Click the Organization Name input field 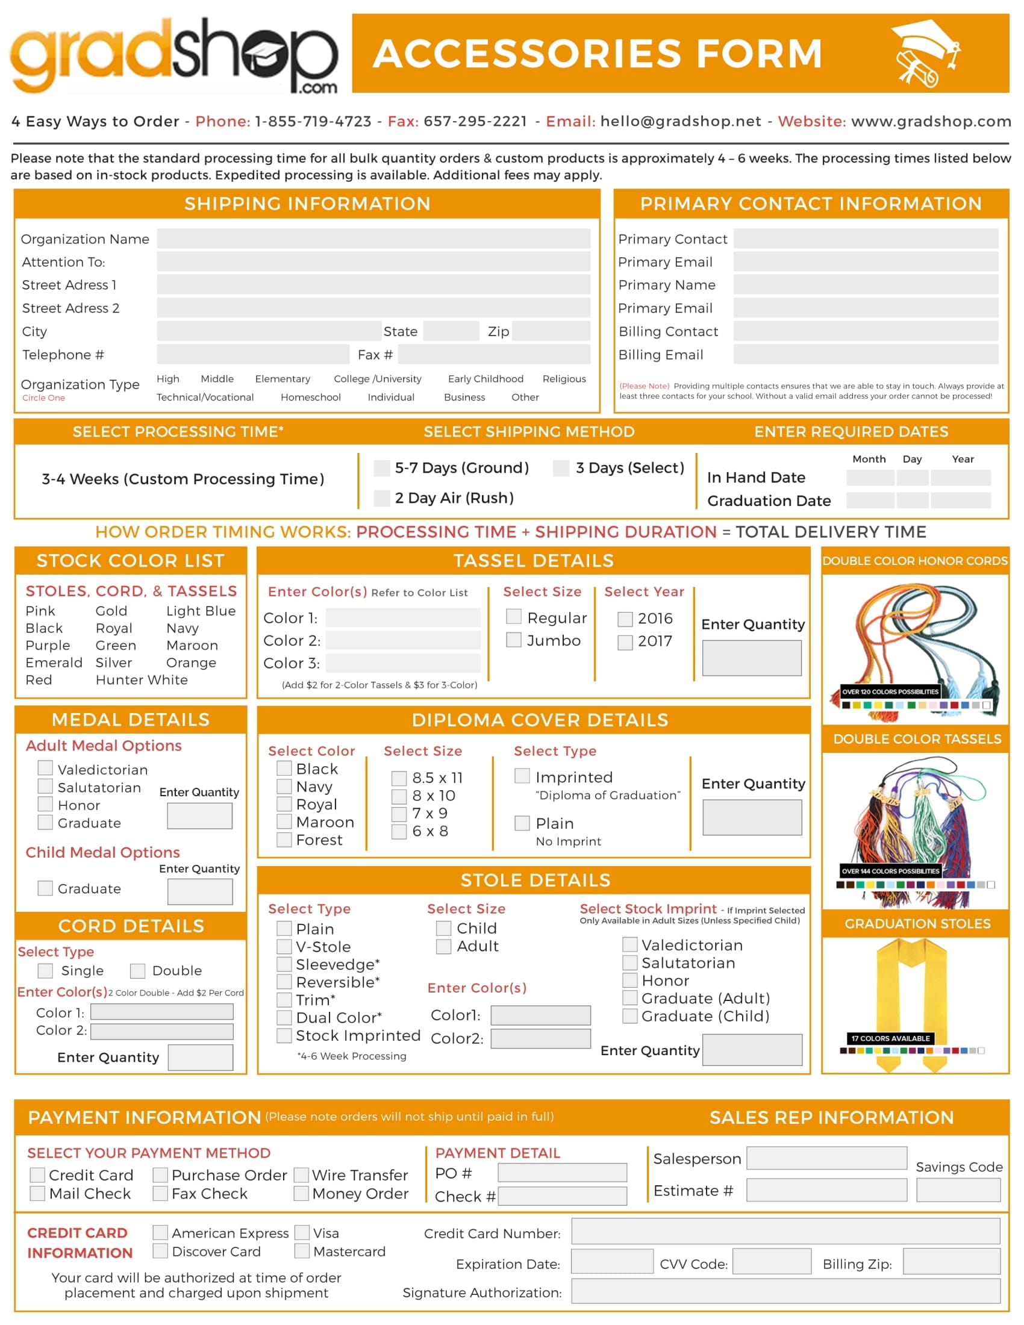(x=373, y=238)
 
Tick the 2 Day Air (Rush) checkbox (x=381, y=498)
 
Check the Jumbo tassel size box (x=514, y=640)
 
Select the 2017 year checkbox (x=625, y=642)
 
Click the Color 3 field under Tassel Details (x=403, y=663)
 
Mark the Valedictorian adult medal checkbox (x=46, y=768)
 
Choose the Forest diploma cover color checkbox (x=284, y=840)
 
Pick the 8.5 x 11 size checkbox (x=399, y=778)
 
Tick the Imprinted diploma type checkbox (x=522, y=776)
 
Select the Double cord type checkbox (x=138, y=971)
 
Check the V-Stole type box (x=284, y=946)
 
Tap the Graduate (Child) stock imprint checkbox (x=629, y=1016)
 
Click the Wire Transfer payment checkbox (x=302, y=1175)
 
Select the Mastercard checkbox (x=302, y=1251)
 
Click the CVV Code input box (x=771, y=1262)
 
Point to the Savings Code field (x=958, y=1189)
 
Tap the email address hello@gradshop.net (x=680, y=121)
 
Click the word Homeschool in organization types (x=311, y=397)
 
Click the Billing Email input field (x=865, y=354)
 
